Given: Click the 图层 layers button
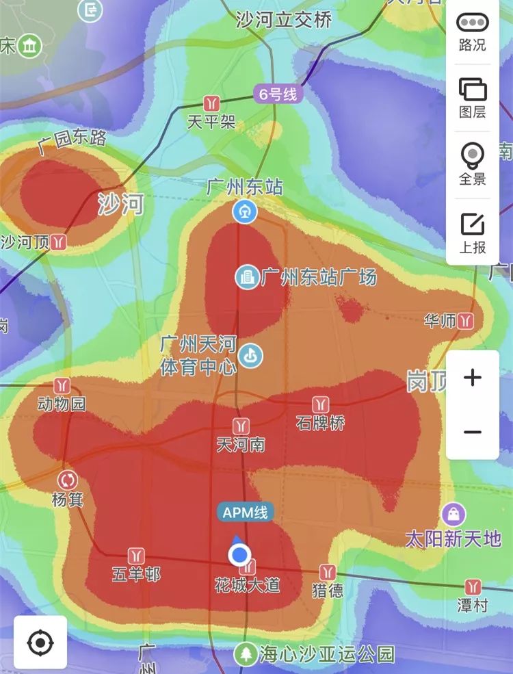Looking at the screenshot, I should (473, 97).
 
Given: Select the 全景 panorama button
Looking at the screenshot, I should (473, 164).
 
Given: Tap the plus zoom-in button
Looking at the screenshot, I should (473, 378).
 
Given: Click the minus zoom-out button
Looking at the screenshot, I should (473, 432).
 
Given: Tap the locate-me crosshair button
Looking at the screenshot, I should (40, 643).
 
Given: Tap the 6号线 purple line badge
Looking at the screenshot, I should (278, 94).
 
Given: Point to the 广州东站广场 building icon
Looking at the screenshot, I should (246, 277).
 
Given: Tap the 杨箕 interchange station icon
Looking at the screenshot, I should (68, 480).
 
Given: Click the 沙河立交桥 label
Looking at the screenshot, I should (283, 19).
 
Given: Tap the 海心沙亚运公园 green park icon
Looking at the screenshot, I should (245, 654).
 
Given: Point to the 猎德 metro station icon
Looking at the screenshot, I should (328, 571).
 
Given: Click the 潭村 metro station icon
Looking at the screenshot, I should (473, 586).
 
